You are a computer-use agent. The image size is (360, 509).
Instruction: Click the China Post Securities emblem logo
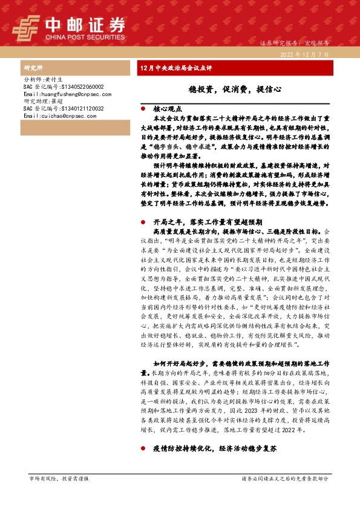pyautogui.click(x=27, y=27)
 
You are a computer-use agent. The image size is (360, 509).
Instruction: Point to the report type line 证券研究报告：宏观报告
pyautogui.click(x=294, y=44)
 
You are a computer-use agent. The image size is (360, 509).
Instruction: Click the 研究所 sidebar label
pyautogui.click(x=33, y=68)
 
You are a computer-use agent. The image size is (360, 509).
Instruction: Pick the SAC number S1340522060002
pyautogui.click(x=64, y=87)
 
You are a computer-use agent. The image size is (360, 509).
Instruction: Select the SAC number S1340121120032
pyautogui.click(x=64, y=109)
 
